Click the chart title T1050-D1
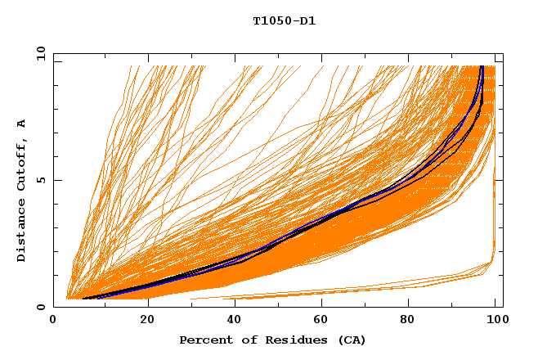284,21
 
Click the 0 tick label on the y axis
42,307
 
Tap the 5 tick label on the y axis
42,180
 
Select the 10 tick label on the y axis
39,53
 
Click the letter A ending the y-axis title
21,123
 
